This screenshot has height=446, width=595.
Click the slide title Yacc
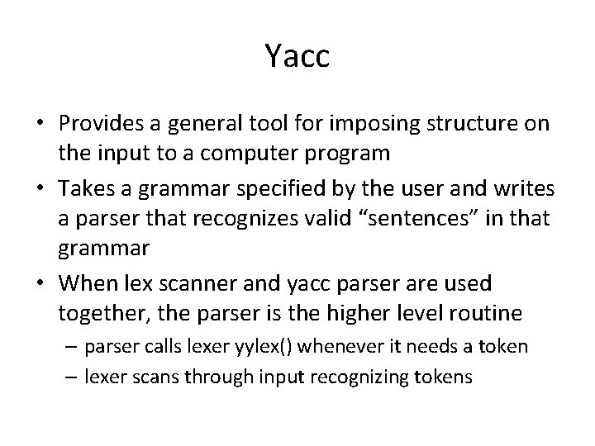(x=297, y=56)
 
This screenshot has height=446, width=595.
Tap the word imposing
(x=366, y=124)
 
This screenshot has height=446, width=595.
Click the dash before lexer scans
(x=69, y=377)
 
